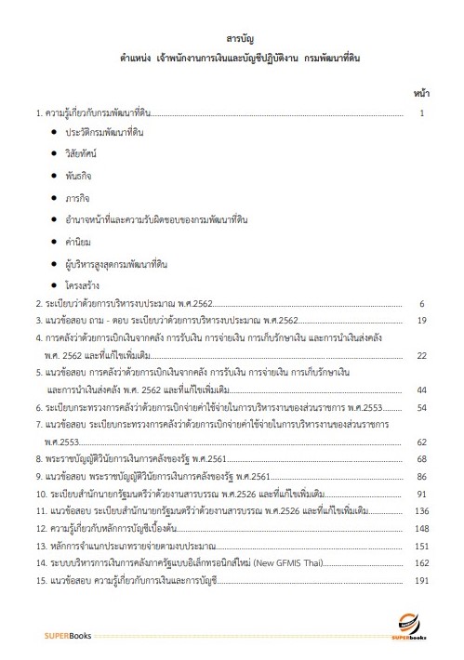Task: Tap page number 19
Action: pyautogui.click(x=420, y=321)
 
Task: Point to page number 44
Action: pyautogui.click(x=420, y=389)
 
